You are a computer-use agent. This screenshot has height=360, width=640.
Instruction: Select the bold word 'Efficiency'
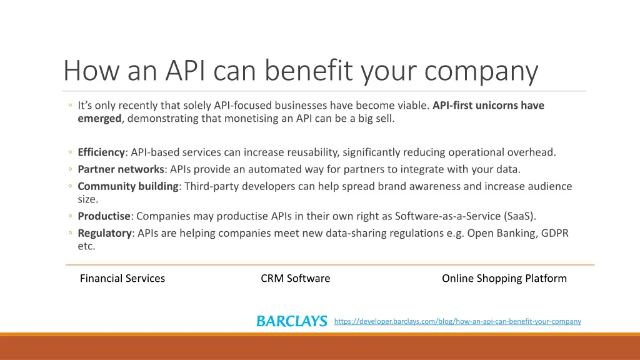click(101, 152)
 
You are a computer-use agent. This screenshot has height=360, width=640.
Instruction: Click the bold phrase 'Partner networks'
click(121, 169)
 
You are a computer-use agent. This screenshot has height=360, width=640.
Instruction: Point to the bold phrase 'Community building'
click(128, 186)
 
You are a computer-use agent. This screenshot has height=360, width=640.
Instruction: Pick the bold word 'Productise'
click(104, 216)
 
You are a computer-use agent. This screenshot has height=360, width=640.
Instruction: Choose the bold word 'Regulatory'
click(105, 233)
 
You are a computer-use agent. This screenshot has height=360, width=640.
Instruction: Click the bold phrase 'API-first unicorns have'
click(488, 105)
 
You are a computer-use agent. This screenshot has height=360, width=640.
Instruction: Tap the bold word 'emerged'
click(99, 117)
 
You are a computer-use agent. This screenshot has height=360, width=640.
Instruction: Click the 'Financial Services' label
click(122, 279)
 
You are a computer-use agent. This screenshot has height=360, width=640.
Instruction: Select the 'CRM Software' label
click(295, 279)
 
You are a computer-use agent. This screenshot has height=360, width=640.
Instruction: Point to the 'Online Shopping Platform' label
click(504, 279)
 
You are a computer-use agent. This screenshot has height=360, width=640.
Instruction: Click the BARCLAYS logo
click(291, 321)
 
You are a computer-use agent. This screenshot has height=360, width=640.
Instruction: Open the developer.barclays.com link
click(457, 321)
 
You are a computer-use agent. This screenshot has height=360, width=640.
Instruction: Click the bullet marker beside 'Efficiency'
click(71, 152)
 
